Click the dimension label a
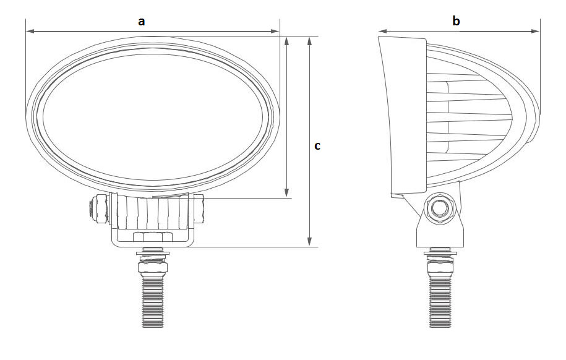tap(142, 21)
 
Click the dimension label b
tap(456, 20)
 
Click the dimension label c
tap(317, 146)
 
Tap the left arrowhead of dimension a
tap(30, 32)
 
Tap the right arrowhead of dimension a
tap(275, 32)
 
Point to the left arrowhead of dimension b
tap(383, 32)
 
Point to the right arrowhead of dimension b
tap(535, 32)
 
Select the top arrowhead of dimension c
tap(309, 41)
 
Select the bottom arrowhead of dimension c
tap(309, 242)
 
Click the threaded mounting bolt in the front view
tap(153, 301)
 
